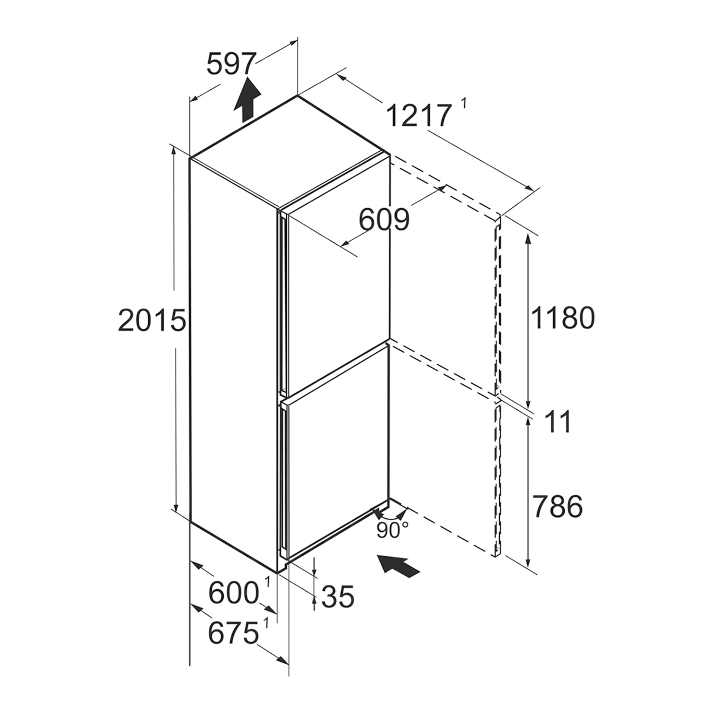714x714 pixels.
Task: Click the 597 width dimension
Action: pyautogui.click(x=231, y=64)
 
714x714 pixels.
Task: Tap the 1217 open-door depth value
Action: pyautogui.click(x=419, y=115)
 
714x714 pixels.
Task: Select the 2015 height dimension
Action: pyautogui.click(x=152, y=320)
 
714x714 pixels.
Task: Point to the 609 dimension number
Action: pyautogui.click(x=384, y=220)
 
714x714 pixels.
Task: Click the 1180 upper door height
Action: pyautogui.click(x=563, y=318)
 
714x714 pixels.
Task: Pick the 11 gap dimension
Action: pyautogui.click(x=558, y=422)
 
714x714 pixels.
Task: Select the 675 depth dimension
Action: pyautogui.click(x=233, y=633)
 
